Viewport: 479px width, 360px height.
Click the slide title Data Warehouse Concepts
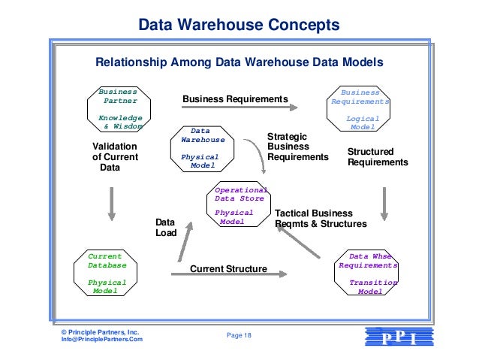239,26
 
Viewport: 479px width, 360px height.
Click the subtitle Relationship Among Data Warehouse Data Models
239,62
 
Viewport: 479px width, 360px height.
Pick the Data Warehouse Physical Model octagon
200,148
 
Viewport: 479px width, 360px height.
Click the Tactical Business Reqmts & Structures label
321,219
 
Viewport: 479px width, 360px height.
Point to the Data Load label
165,228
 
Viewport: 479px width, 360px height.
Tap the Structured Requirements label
377,157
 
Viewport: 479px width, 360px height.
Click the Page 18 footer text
239,335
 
